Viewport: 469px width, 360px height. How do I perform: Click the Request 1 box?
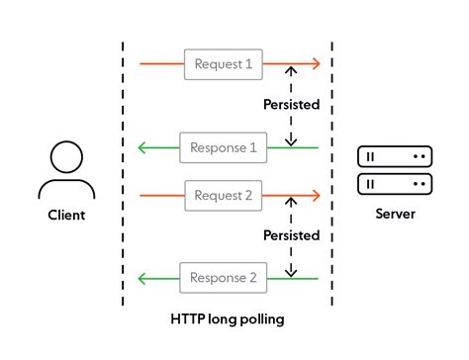[x=223, y=65]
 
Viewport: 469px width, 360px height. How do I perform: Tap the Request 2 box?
[x=223, y=196]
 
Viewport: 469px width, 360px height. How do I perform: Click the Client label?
[x=66, y=215]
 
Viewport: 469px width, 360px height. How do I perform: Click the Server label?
[x=395, y=215]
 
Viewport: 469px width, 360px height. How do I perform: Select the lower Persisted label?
[x=291, y=235]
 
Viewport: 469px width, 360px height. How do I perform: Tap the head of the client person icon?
[x=66, y=157]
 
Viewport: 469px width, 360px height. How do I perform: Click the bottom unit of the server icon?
[x=395, y=184]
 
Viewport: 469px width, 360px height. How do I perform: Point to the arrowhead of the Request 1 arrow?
[x=316, y=65]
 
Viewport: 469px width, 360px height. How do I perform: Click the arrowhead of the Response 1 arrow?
[x=142, y=147]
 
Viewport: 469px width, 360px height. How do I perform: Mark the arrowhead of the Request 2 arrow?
[x=316, y=196]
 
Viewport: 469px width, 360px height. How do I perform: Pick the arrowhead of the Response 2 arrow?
[x=142, y=278]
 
